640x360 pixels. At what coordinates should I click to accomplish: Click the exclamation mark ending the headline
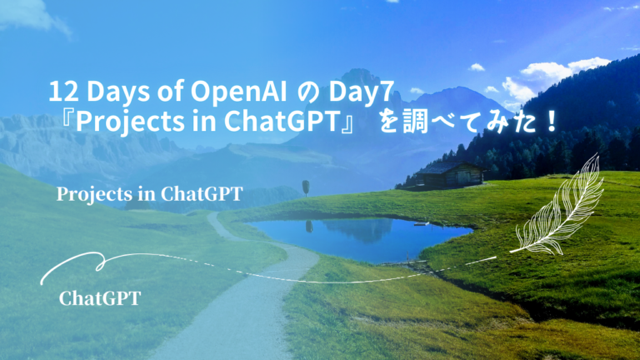551,122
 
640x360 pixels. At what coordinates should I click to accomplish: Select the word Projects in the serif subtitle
90,194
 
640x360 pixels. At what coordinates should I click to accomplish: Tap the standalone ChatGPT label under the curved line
100,298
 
